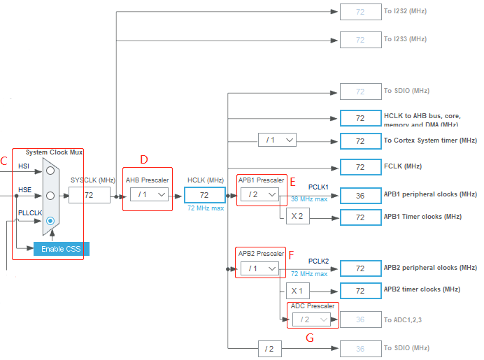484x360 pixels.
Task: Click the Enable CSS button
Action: tap(62, 249)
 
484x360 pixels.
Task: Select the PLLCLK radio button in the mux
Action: tap(50, 221)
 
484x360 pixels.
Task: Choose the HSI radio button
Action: tap(50, 170)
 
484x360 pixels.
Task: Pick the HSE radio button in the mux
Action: tap(50, 195)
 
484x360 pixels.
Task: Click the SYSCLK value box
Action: tap(90, 195)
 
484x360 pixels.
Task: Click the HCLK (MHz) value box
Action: tap(205, 195)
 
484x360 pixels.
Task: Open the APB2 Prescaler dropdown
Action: tap(259, 268)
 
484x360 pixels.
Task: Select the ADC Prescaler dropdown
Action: tap(311, 319)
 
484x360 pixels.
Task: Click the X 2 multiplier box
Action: tap(297, 217)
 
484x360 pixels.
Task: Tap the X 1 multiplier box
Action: tap(297, 290)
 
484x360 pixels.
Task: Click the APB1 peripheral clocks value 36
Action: tap(360, 195)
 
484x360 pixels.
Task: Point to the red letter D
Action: tap(144, 159)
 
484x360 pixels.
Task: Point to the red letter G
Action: tap(309, 338)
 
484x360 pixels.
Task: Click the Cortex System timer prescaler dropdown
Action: tap(277, 141)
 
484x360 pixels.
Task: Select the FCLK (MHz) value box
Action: tap(360, 167)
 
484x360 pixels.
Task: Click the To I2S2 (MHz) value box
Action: tap(360, 12)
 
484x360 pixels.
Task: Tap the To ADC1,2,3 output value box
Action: tap(360, 319)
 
